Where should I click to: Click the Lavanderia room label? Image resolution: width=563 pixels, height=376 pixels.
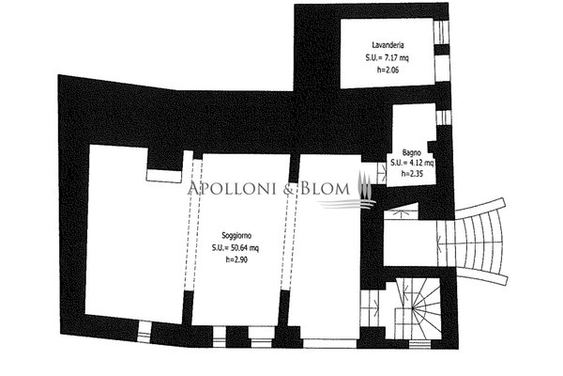388,45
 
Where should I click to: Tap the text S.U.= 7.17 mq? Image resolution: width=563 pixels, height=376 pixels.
387,57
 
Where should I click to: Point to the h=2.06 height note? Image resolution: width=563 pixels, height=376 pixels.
388,70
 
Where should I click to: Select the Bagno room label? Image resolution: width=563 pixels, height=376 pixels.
412,152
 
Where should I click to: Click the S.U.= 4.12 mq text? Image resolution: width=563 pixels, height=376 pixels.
412,163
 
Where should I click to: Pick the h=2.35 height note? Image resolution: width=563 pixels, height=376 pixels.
413,173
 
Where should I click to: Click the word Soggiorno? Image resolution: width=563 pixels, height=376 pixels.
236,236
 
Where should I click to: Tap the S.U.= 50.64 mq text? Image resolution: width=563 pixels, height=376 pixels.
236,248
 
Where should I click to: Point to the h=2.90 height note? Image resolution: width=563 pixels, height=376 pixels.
236,259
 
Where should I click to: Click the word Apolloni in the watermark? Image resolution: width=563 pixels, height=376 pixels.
234,189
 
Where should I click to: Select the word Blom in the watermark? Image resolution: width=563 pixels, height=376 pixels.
325,189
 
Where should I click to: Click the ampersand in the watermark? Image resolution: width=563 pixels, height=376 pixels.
290,189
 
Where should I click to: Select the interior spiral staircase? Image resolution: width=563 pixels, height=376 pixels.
418,308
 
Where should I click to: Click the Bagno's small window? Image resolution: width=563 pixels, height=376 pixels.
444,117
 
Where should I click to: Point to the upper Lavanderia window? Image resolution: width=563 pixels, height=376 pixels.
441,32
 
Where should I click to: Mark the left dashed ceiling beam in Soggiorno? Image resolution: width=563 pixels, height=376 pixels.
193,225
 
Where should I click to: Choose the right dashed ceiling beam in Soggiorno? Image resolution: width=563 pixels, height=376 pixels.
289,236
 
